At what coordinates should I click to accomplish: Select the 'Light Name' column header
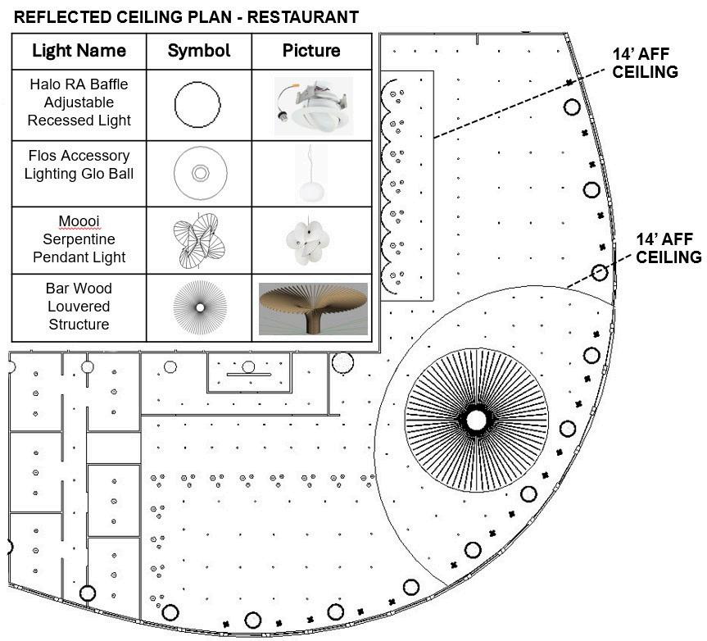point(79,51)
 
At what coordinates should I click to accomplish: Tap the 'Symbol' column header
point(198,51)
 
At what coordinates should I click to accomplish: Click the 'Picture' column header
point(311,51)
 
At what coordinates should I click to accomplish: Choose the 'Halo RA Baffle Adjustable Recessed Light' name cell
point(79,102)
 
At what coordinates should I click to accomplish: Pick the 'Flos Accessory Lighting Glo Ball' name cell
point(79,164)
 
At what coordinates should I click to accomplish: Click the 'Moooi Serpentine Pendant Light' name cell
point(79,239)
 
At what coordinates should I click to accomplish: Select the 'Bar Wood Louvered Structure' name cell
point(79,307)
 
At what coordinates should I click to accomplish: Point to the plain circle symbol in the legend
point(197,103)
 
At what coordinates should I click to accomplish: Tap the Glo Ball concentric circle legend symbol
point(199,173)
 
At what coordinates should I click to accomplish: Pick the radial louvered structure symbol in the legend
point(199,307)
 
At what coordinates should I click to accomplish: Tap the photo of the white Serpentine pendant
point(307,239)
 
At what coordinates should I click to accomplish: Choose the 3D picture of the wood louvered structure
point(312,308)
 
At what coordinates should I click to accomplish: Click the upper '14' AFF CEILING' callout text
point(646,63)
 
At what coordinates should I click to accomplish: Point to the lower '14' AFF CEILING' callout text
point(668,248)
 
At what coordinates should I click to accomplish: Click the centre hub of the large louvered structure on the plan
point(476,420)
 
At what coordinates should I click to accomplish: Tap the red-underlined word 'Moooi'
point(79,221)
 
